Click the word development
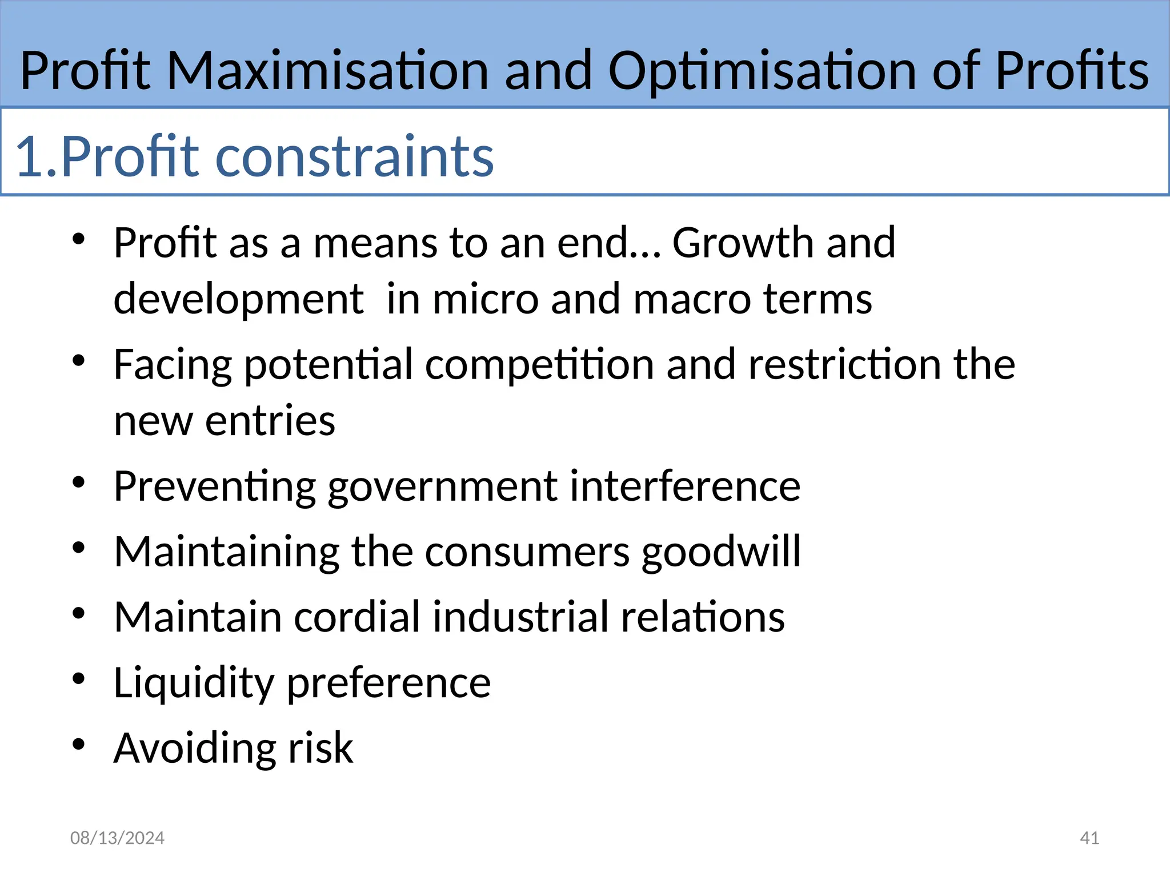[x=238, y=299]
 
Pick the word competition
[x=539, y=364]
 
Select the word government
[x=442, y=486]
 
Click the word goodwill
[x=721, y=552]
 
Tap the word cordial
[x=357, y=617]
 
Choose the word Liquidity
[x=194, y=683]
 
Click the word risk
[x=320, y=747]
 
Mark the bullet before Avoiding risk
[x=79, y=744]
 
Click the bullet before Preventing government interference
[x=79, y=482]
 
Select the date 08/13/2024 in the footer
[x=117, y=838]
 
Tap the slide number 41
[x=1089, y=838]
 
